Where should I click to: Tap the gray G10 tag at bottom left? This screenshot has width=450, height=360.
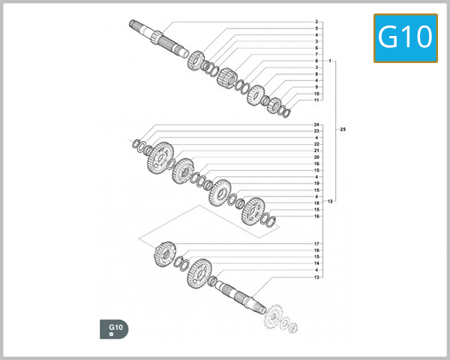tap(115, 328)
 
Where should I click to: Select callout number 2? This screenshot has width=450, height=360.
tap(316, 22)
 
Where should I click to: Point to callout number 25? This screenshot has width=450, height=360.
tap(343, 130)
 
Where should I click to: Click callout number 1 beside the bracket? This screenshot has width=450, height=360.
tap(329, 61)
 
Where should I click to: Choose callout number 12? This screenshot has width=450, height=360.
tap(330, 201)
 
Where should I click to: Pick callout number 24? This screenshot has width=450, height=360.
tap(316, 124)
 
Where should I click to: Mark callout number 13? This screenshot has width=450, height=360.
tap(316, 277)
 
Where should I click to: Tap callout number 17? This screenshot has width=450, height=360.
tap(316, 244)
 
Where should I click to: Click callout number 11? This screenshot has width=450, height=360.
tap(316, 100)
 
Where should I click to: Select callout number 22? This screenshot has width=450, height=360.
tap(316, 144)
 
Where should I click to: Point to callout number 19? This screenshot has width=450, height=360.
tap(316, 183)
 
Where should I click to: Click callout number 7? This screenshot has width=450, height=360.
tap(316, 55)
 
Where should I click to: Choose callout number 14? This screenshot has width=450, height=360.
tap(316, 264)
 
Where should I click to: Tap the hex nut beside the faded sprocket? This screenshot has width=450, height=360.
tap(292, 327)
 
